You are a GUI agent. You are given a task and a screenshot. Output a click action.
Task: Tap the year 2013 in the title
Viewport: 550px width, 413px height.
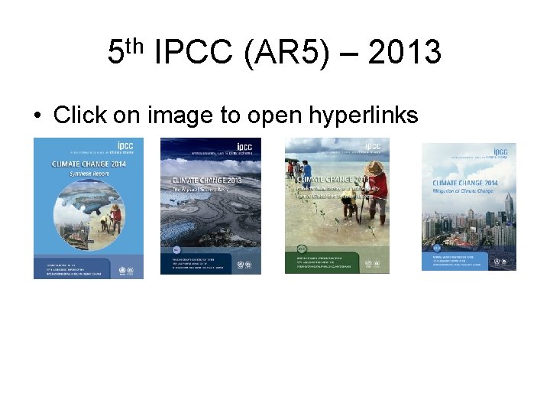pyautogui.click(x=404, y=53)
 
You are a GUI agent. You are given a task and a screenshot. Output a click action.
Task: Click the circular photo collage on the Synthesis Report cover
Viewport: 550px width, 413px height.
pyautogui.click(x=88, y=210)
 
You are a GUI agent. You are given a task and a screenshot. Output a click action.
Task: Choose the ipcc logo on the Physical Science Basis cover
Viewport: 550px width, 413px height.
pyautogui.click(x=244, y=146)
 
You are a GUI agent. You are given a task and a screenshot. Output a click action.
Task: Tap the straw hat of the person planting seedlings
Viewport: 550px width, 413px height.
pyautogui.click(x=374, y=167)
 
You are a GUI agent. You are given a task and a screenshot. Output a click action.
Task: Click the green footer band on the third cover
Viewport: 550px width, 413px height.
pyautogui.click(x=337, y=260)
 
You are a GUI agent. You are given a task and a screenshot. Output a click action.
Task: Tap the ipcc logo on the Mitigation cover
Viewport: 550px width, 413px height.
pyautogui.click(x=500, y=152)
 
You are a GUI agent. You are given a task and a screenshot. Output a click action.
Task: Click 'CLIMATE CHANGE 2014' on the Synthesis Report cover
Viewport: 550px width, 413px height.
pyautogui.click(x=78, y=162)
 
